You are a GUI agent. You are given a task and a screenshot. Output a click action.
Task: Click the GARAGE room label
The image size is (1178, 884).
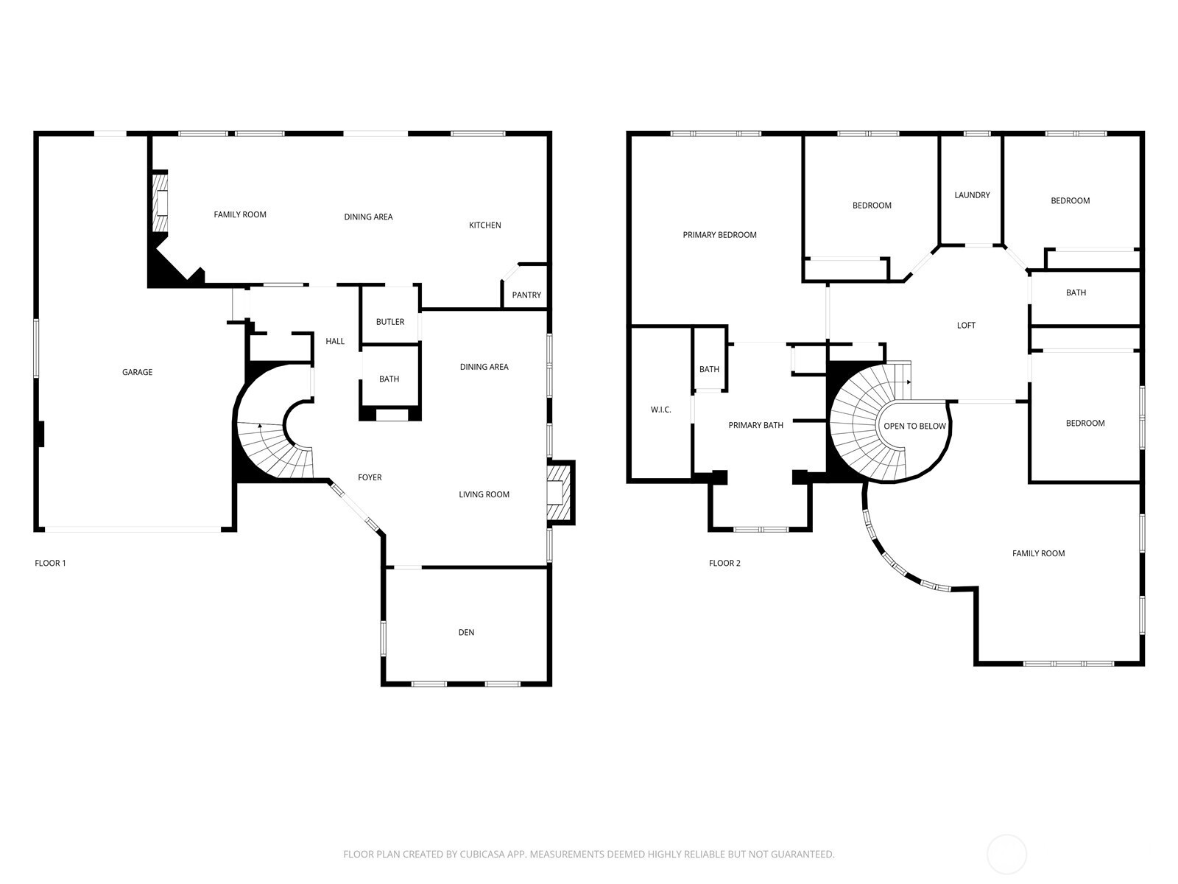click(x=138, y=372)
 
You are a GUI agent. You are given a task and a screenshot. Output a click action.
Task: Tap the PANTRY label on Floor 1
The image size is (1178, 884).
click(x=526, y=295)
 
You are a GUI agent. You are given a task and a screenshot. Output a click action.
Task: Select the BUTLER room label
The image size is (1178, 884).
click(x=390, y=321)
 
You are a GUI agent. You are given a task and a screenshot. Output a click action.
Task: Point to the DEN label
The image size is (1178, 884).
click(x=466, y=632)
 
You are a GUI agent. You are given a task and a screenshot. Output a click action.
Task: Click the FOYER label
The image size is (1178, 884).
click(x=370, y=477)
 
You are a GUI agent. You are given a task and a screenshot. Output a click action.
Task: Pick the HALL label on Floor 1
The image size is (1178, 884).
click(x=335, y=341)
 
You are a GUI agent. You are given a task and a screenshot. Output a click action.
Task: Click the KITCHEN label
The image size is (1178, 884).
click(x=485, y=225)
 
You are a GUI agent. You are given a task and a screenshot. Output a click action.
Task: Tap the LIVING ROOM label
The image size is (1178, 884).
click(x=484, y=494)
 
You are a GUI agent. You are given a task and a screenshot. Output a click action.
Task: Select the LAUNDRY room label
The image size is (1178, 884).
click(x=972, y=194)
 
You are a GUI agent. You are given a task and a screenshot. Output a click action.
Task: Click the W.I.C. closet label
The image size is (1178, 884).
click(x=660, y=410)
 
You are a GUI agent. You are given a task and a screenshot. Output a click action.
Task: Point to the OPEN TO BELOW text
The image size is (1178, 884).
click(x=914, y=427)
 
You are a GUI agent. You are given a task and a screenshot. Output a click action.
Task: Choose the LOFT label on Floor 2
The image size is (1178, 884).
click(x=966, y=326)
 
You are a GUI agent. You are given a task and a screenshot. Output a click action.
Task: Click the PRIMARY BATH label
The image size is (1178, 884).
click(x=755, y=425)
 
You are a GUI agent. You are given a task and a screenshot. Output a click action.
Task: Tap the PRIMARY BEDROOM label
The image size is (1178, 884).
click(x=719, y=234)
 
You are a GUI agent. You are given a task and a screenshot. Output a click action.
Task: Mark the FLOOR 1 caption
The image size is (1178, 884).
click(x=51, y=563)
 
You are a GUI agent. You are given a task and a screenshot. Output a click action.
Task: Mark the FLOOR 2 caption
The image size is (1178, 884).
click(x=724, y=563)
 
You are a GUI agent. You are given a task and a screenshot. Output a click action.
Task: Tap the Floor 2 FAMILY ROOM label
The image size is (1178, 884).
click(x=1038, y=553)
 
